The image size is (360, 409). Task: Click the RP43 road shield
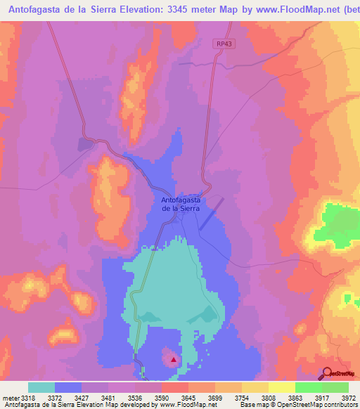coord(223,44)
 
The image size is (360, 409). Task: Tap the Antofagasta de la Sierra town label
coord(181,204)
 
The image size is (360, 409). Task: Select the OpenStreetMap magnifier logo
coord(327,373)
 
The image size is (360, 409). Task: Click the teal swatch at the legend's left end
coord(41,388)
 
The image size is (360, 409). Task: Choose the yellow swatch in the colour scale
coord(281,388)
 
